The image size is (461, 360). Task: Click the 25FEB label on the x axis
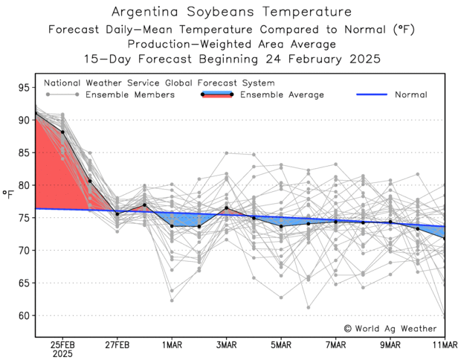[62, 345]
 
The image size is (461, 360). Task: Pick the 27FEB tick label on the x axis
[117, 345]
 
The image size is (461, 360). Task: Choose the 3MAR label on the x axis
[227, 345]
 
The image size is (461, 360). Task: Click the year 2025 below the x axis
[62, 355]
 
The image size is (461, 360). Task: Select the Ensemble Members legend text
[130, 94]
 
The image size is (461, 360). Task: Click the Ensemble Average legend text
[283, 94]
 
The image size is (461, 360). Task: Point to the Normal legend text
[410, 94]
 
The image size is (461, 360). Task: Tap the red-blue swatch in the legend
[217, 95]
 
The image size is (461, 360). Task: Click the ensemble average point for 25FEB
[62, 132]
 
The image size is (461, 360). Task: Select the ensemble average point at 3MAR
[227, 208]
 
